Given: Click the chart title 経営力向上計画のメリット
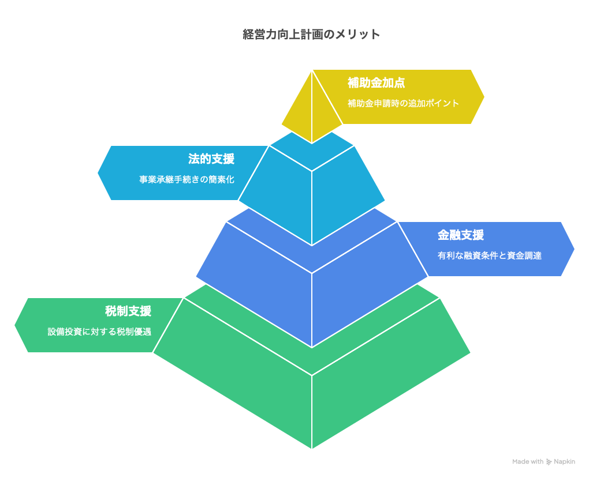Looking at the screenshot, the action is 311,34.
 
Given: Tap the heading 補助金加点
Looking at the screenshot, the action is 376,82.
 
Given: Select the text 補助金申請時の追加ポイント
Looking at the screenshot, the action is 403,103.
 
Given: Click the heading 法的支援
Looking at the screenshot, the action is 211,159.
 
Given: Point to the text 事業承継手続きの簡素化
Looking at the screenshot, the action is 187,179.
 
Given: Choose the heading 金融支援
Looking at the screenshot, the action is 461,235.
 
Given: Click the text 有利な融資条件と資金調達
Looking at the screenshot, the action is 490,255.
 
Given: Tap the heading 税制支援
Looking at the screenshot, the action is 128,311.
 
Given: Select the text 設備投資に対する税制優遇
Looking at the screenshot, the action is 99,332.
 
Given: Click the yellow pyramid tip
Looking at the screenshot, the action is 312,70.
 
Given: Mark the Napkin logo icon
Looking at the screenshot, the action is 549,462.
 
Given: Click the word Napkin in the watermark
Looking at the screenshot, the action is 564,462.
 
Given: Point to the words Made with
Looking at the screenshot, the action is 528,462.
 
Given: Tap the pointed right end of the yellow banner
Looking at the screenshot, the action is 484,97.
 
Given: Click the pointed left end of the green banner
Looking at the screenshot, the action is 15,325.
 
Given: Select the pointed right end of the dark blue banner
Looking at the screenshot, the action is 574,249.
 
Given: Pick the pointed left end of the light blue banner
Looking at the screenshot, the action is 98,173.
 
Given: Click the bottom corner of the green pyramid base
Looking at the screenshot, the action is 312,448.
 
